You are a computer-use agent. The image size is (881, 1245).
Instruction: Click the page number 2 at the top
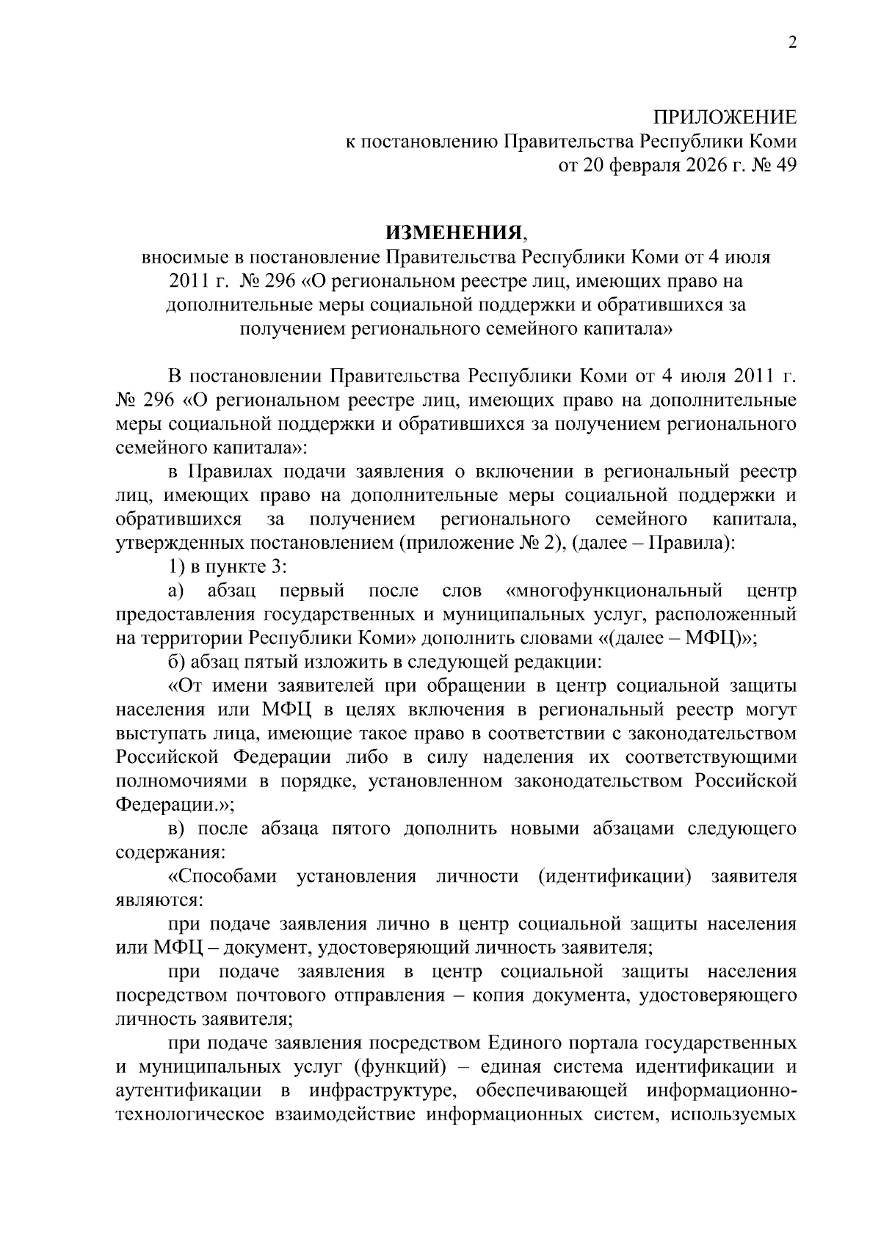pyautogui.click(x=791, y=43)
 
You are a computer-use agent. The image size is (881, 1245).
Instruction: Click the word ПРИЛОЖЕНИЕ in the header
pyautogui.click(x=725, y=117)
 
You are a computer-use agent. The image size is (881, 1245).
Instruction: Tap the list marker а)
pyautogui.click(x=177, y=591)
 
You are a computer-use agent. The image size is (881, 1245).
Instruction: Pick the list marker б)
pyautogui.click(x=177, y=662)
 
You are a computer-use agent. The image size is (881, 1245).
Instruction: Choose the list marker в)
pyautogui.click(x=177, y=829)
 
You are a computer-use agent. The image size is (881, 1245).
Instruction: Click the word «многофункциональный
pyautogui.click(x=614, y=591)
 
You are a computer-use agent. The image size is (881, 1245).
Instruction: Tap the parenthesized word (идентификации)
pyautogui.click(x=614, y=877)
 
